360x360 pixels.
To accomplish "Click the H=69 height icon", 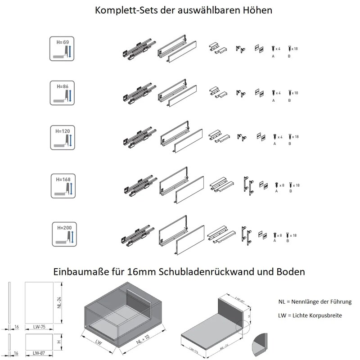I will coord(62,49).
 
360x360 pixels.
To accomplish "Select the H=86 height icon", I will coord(62,92).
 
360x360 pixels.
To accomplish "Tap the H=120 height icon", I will coord(62,137).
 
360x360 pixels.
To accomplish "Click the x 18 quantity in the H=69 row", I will coord(295,48).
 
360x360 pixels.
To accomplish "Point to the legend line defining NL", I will coord(315,301).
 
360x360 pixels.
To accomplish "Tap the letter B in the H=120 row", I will coord(290,144).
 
